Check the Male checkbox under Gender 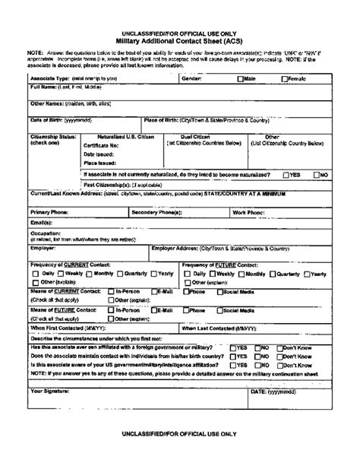[x=241, y=78]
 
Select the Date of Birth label [x=58, y=119]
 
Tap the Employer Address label [x=220, y=248]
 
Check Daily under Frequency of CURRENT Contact [x=36, y=272]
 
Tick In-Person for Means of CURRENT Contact [x=112, y=290]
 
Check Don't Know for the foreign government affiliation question [x=298, y=347]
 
